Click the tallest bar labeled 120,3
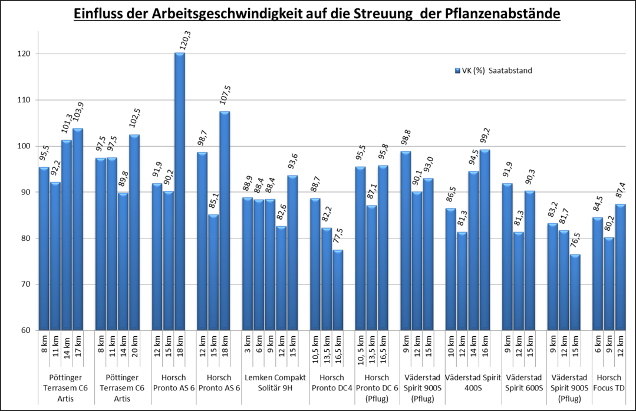[179, 191]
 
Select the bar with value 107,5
[225, 220]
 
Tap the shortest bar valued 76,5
[575, 292]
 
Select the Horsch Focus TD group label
[609, 382]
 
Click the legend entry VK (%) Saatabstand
[493, 71]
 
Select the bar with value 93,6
[292, 253]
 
